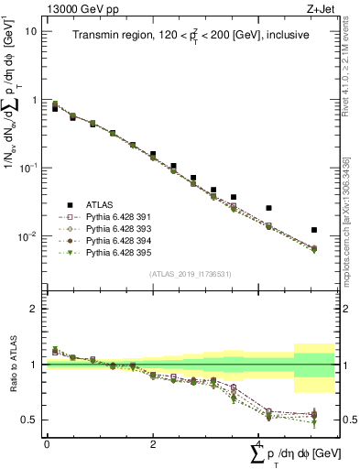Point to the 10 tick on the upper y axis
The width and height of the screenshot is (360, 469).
pyautogui.click(x=30, y=31)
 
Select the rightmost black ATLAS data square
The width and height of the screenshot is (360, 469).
pyautogui.click(x=314, y=230)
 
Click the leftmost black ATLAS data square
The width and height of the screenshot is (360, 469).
pyautogui.click(x=55, y=108)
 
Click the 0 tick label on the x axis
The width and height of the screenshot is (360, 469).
pyautogui.click(x=46, y=442)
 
